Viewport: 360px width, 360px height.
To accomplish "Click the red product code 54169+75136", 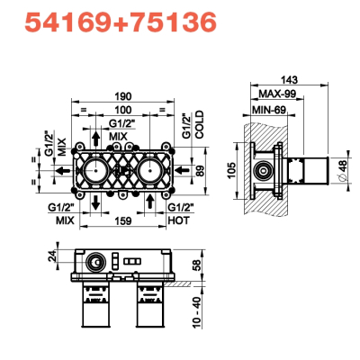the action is pos(121,23).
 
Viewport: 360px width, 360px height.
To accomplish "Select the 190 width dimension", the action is pos(123,96).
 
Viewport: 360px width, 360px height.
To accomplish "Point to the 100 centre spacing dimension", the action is pos(123,110).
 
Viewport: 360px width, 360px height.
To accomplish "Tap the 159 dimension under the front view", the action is pos(123,220).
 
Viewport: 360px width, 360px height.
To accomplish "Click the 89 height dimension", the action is pos(200,171).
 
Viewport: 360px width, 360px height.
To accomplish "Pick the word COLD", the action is pos(200,125).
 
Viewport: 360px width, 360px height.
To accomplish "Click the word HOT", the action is pos(179,220).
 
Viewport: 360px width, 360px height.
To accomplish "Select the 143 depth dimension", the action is pos(289,80).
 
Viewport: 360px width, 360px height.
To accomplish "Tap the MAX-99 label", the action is pos(277,94).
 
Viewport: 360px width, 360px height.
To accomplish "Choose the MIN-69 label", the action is pos(269,110).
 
